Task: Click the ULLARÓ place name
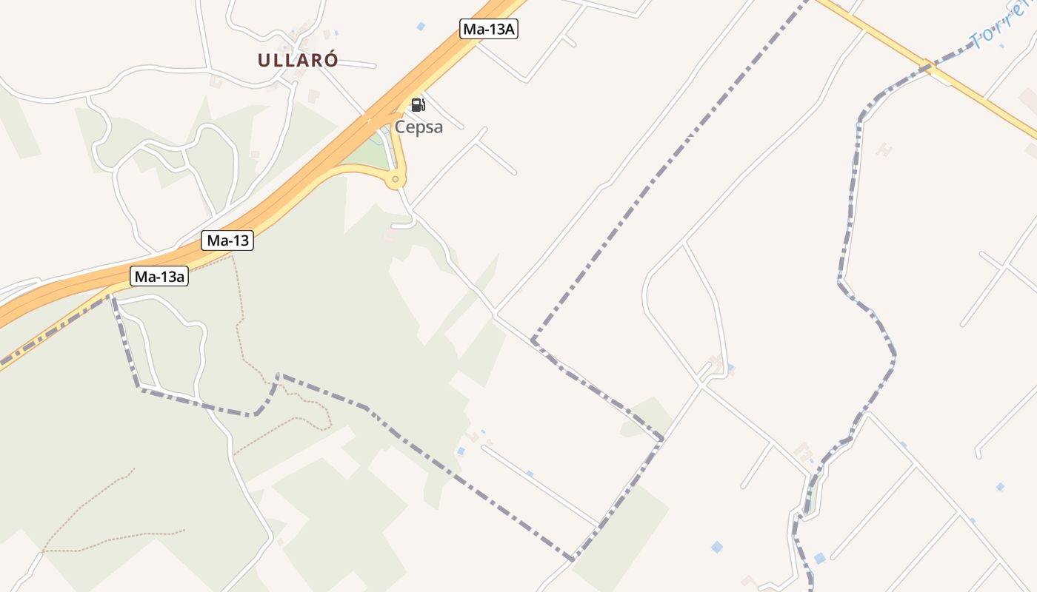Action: coord(298,61)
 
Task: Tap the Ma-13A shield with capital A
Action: coord(488,29)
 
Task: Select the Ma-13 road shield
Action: coord(227,240)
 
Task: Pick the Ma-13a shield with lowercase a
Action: coord(159,277)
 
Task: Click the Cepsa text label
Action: coord(419,127)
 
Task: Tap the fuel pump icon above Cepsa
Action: coord(418,105)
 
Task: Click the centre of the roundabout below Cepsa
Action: coord(396,179)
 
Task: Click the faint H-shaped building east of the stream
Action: coord(884,149)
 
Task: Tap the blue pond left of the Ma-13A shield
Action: coord(421,27)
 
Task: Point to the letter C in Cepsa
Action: coord(400,127)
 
